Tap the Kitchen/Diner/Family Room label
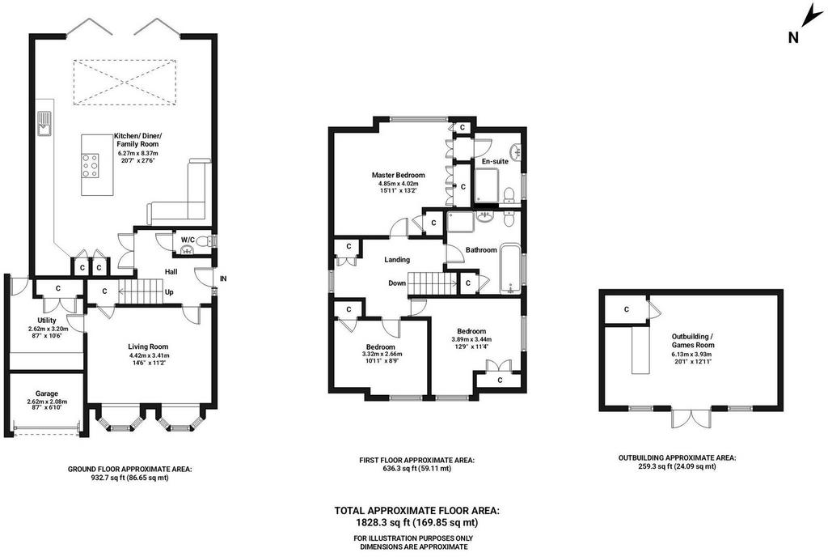pyautogui.click(x=137, y=139)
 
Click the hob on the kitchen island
pyautogui.click(x=91, y=165)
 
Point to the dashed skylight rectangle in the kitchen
pyautogui.click(x=125, y=82)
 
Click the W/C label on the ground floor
pyautogui.click(x=188, y=240)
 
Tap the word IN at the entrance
pyautogui.click(x=223, y=278)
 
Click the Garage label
pyautogui.click(x=46, y=393)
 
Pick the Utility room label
pyautogui.click(x=46, y=321)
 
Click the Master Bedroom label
pyautogui.click(x=398, y=175)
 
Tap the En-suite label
pyautogui.click(x=495, y=161)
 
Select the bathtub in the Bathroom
pyautogui.click(x=510, y=269)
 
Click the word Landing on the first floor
pyautogui.click(x=397, y=260)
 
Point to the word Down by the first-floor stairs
pyautogui.click(x=397, y=283)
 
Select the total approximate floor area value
pyautogui.click(x=416, y=523)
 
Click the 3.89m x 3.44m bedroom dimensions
pyautogui.click(x=471, y=339)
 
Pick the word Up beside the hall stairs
pyautogui.click(x=169, y=291)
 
